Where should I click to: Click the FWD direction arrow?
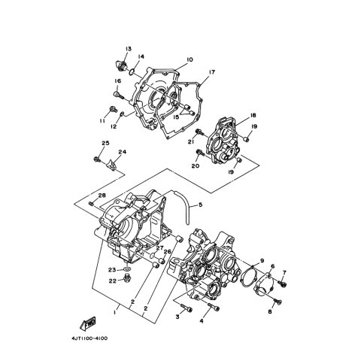88,323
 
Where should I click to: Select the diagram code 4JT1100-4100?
89,338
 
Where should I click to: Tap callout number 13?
129,49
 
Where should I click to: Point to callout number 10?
190,59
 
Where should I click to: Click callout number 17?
212,72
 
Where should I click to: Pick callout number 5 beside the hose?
200,205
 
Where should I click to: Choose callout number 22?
113,281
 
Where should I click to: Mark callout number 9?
262,261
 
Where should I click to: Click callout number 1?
115,312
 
